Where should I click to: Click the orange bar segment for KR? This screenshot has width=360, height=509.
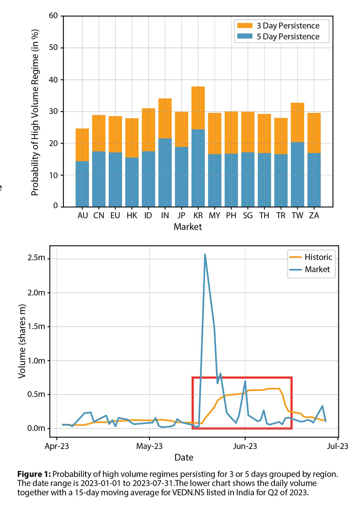point(198,108)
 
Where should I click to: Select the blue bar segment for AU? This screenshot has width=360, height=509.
point(82,184)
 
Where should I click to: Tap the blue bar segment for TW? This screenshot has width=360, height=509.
point(297,174)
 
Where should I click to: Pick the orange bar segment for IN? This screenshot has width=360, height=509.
point(165,118)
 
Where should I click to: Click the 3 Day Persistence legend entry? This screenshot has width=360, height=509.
point(287,26)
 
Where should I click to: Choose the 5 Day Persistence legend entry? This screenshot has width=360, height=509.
point(287,37)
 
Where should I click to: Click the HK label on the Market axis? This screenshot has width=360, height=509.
point(132,215)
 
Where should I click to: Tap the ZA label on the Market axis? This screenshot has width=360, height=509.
point(314,215)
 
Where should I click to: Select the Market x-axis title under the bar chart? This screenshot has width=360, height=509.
point(188,227)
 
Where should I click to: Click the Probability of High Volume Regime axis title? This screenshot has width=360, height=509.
point(35,113)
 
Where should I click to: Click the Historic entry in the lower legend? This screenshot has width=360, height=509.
point(318,257)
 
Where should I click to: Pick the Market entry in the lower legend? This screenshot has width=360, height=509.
point(317,269)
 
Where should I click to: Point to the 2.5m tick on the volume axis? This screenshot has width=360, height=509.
point(36,258)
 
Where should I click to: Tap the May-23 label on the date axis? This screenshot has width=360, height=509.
point(149,446)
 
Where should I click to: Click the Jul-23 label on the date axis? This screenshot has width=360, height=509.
point(337,446)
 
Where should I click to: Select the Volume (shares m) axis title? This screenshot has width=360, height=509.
point(22,341)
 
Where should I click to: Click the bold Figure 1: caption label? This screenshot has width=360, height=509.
point(34,474)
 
